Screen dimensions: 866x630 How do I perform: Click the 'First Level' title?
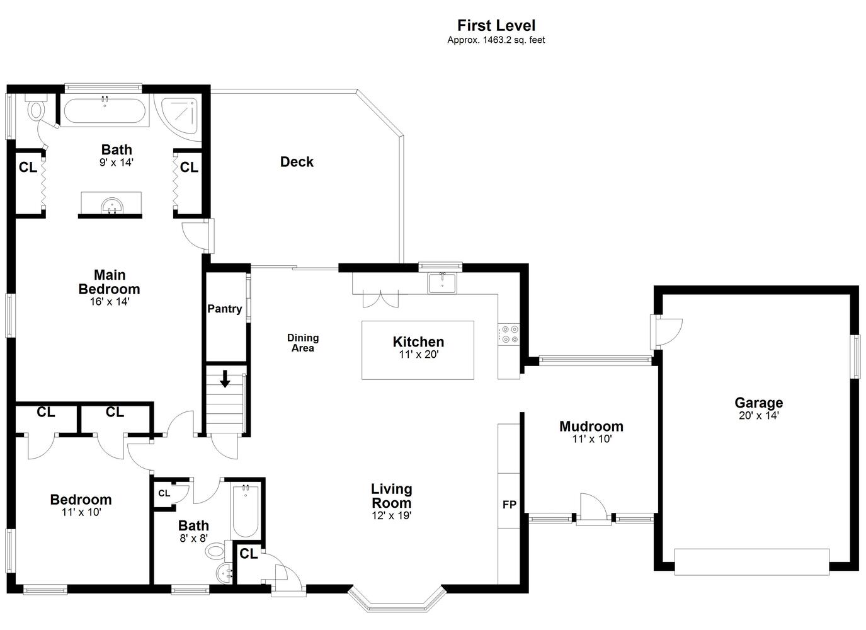pyautogui.click(x=496, y=26)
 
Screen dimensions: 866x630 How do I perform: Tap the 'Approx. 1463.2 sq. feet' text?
pyautogui.click(x=496, y=40)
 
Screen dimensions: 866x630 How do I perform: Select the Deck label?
pyautogui.click(x=297, y=162)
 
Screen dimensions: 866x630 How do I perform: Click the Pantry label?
pyautogui.click(x=225, y=309)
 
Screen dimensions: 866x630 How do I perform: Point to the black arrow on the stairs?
pyautogui.click(x=225, y=379)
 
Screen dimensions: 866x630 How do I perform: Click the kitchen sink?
pyautogui.click(x=442, y=283)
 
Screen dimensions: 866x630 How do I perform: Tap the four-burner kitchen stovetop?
pyautogui.click(x=509, y=335)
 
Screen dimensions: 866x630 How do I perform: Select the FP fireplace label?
pyautogui.click(x=509, y=505)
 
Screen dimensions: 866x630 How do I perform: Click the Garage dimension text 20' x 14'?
pyautogui.click(x=758, y=416)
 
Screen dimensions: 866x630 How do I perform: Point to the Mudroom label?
pyautogui.click(x=591, y=427)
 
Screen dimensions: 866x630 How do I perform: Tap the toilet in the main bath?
pyautogui.click(x=37, y=106)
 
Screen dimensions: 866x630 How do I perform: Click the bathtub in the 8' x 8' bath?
pyautogui.click(x=246, y=512)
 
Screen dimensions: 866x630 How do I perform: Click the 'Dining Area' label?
pyautogui.click(x=303, y=343)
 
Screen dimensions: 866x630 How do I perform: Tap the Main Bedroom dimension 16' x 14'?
pyautogui.click(x=110, y=302)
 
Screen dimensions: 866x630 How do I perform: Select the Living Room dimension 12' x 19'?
pyautogui.click(x=391, y=515)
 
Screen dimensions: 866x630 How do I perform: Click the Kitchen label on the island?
pyautogui.click(x=418, y=342)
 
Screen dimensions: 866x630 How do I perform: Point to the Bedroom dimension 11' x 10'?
pyautogui.click(x=81, y=512)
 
